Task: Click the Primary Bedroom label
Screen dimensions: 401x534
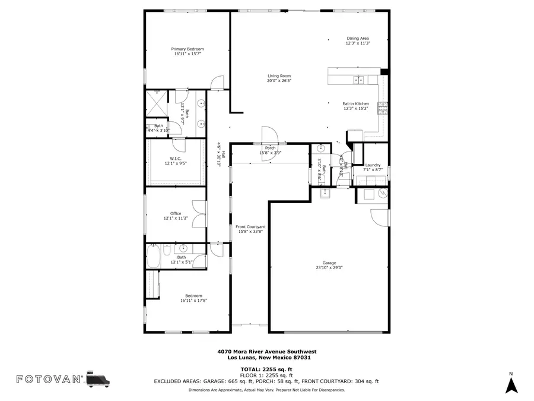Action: pyautogui.click(x=187, y=49)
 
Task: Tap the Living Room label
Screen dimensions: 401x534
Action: pyautogui.click(x=279, y=75)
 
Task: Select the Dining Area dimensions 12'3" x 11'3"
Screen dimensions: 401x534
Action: pyautogui.click(x=358, y=43)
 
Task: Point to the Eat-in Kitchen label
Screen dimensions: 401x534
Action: pyautogui.click(x=355, y=103)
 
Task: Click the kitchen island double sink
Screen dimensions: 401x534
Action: pyautogui.click(x=359, y=80)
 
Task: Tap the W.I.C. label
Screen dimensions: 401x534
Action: pyautogui.click(x=176, y=159)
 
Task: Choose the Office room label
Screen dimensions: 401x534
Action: pyautogui.click(x=176, y=213)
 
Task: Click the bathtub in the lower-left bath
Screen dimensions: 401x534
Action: pyautogui.click(x=153, y=257)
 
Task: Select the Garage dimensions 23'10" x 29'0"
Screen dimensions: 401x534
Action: pyautogui.click(x=329, y=268)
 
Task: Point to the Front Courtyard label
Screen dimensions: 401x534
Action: pyautogui.click(x=250, y=227)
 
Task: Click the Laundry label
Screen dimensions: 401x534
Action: pyautogui.click(x=373, y=165)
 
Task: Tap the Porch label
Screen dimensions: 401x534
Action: pyautogui.click(x=270, y=148)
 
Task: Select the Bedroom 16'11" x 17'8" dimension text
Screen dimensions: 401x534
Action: pyautogui.click(x=193, y=301)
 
